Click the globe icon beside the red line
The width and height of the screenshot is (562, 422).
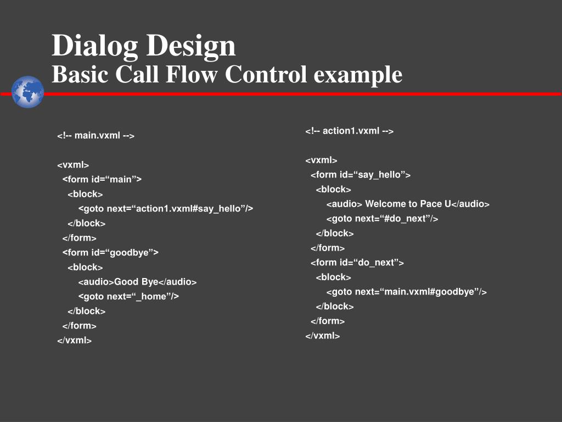[x=27, y=92]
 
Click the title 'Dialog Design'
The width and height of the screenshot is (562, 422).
[x=144, y=45]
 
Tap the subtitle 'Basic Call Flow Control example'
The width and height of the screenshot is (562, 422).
[x=227, y=74]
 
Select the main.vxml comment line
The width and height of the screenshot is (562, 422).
[x=95, y=135]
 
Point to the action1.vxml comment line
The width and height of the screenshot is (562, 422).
[x=349, y=131]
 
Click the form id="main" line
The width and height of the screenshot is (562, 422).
[x=102, y=179]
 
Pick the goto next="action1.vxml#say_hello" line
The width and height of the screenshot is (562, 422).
[x=165, y=208]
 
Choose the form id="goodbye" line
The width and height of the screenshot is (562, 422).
[x=110, y=252]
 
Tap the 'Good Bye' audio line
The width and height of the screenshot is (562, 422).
[x=137, y=282]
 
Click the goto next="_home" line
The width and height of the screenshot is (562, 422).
[x=128, y=296]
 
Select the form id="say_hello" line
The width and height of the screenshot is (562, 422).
[x=361, y=175]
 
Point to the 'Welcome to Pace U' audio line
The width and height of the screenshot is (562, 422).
[x=408, y=204]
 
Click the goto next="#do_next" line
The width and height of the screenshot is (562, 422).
[x=382, y=219]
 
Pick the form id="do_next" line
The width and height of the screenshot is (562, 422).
[x=357, y=263]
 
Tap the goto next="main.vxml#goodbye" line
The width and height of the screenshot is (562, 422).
[x=406, y=292]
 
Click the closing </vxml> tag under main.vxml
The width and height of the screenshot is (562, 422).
[x=74, y=340]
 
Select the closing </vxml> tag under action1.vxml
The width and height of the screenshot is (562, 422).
[x=323, y=336]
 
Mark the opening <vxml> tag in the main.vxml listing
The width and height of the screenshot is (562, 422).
[x=73, y=165]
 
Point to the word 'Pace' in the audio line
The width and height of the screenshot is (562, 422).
[x=431, y=204]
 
